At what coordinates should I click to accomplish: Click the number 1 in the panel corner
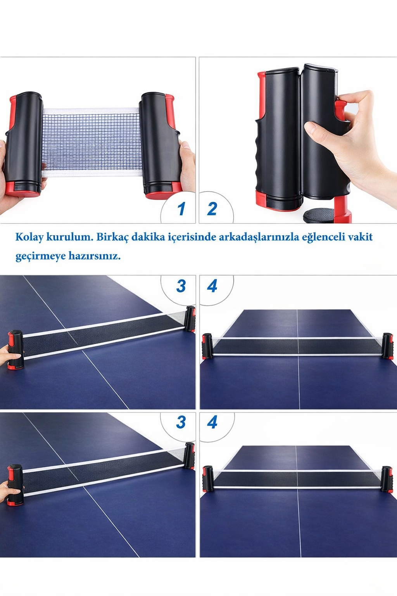181,209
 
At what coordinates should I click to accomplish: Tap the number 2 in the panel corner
212,209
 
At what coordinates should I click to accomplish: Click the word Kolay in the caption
29,237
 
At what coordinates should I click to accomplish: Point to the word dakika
148,237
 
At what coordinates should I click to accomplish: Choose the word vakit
360,237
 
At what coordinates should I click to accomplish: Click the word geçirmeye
40,256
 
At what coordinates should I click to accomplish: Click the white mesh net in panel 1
92,142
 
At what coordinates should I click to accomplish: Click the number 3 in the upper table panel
181,286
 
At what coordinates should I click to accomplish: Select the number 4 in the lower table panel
212,422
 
